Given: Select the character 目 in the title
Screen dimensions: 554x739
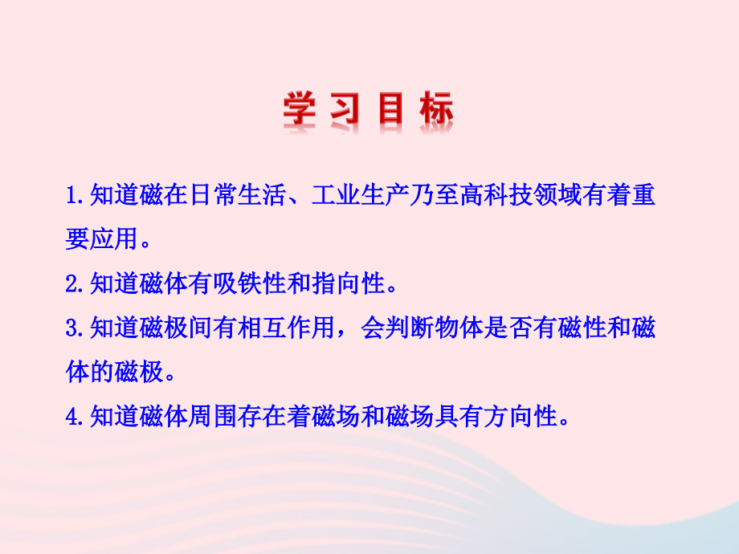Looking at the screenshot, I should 391,112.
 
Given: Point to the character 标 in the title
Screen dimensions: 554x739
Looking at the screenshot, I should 436,112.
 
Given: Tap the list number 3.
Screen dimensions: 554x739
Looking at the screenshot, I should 71,328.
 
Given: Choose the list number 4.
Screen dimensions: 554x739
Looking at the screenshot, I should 71,417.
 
